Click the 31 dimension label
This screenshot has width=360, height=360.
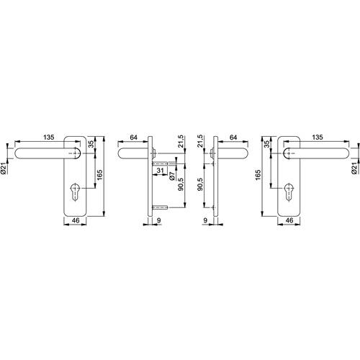click(160, 171)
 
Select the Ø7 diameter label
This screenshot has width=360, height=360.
click(172, 176)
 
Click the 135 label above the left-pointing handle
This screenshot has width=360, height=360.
click(49, 138)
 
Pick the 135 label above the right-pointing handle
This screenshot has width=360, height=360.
click(318, 138)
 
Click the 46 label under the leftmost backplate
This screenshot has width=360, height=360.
click(76, 220)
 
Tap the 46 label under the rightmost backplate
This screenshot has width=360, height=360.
click(289, 220)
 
